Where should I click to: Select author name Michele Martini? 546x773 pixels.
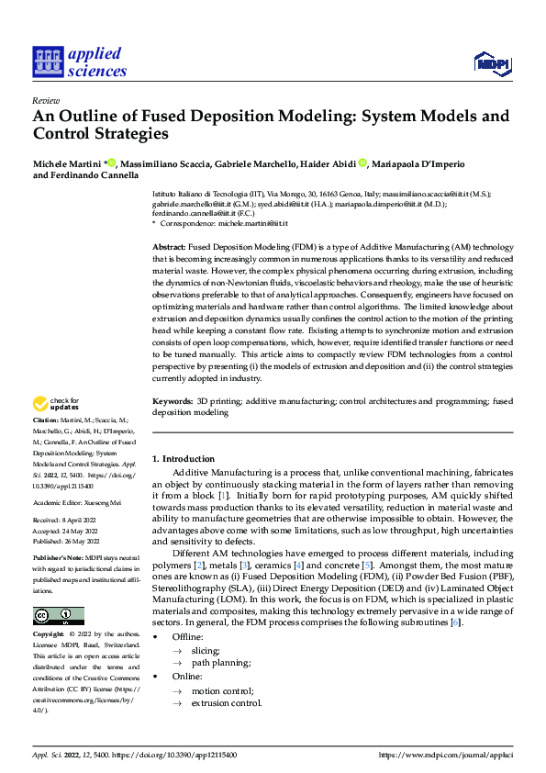pos(67,163)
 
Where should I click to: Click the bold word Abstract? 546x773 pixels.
pos(168,248)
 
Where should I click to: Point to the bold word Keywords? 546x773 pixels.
pos(172,400)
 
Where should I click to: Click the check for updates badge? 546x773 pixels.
pos(58,404)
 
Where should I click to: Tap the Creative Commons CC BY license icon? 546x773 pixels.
pos(58,616)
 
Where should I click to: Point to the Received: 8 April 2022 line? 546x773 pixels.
pos(67,520)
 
